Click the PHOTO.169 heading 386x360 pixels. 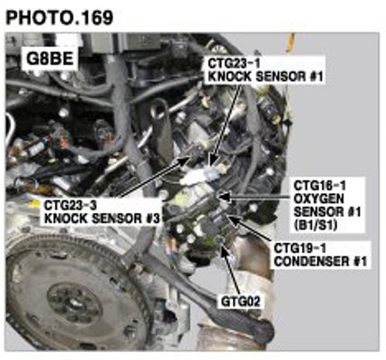click(60, 18)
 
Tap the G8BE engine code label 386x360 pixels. click(50, 59)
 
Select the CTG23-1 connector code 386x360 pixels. click(234, 63)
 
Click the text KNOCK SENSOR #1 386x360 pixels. click(265, 76)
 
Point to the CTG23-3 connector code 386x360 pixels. click(70, 205)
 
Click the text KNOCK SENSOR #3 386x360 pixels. click(101, 219)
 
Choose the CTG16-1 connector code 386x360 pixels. click(320, 185)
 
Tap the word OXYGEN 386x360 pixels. click(319, 199)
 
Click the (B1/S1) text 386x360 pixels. click(315, 225)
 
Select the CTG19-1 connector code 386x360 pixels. click(300, 248)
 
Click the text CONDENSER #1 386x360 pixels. click(321, 261)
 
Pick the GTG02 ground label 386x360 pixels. click(241, 301)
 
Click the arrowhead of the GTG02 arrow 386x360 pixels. click(223, 248)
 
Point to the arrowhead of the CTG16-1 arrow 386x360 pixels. click(224, 197)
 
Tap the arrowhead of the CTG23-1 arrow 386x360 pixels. click(213, 161)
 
